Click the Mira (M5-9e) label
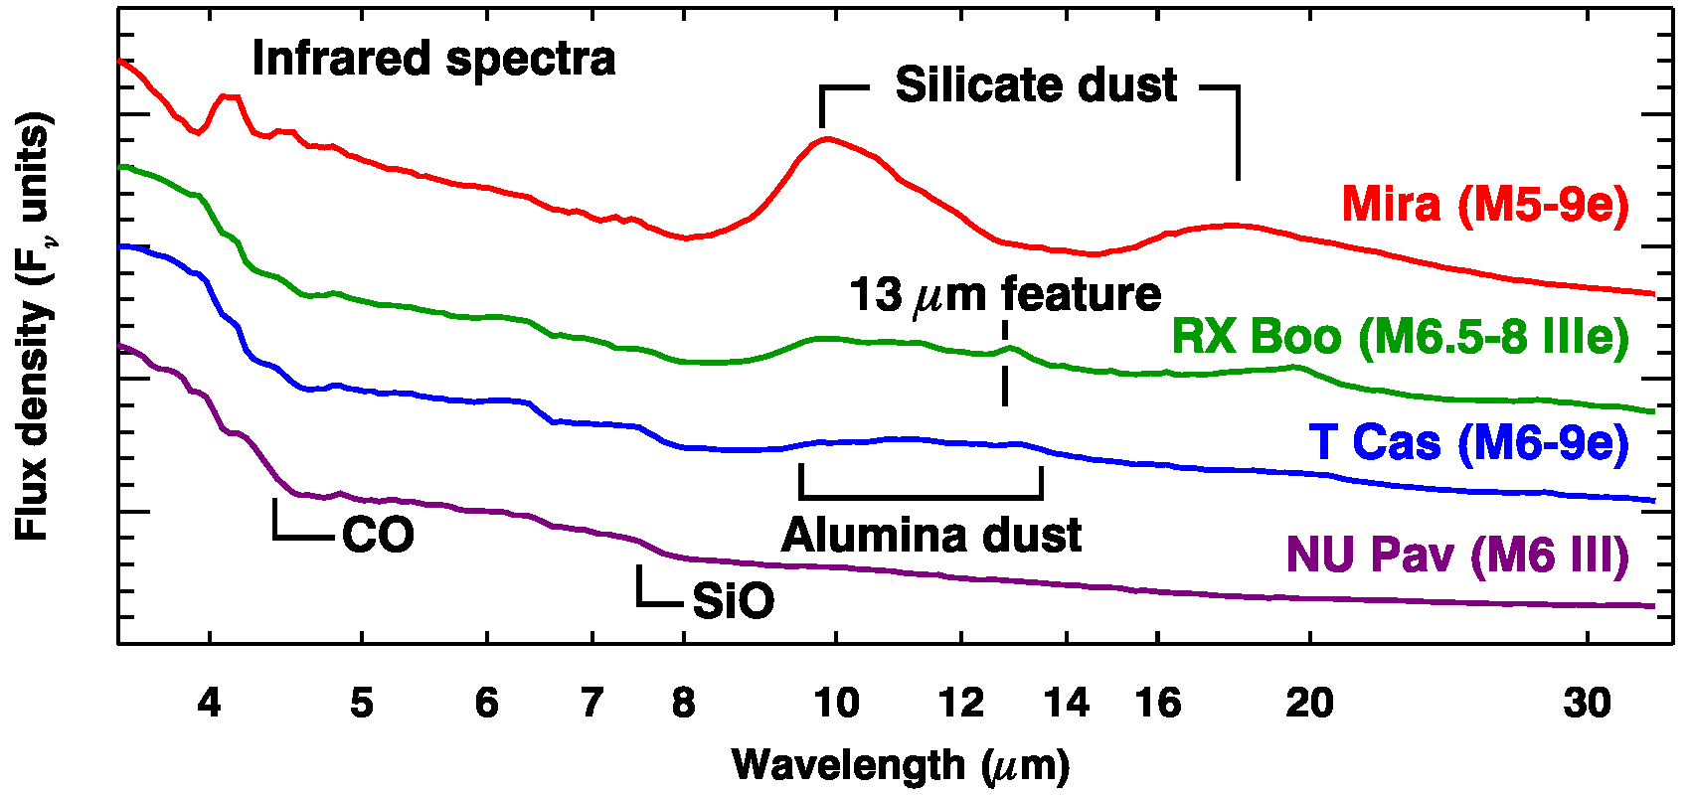1485,205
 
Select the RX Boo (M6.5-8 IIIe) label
1400,337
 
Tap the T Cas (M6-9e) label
1468,442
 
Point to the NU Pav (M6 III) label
1457,555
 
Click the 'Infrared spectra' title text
433,59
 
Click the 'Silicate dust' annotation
1036,85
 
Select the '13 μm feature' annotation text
1005,295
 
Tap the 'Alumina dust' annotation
930,536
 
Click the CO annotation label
378,537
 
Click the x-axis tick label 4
209,704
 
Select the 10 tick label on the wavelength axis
836,704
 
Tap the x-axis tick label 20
1309,704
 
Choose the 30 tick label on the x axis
1587,704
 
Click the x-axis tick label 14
1066,704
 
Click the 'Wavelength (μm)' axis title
901,765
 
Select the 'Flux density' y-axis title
33,328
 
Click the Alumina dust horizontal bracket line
921,496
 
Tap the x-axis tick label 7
591,704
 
